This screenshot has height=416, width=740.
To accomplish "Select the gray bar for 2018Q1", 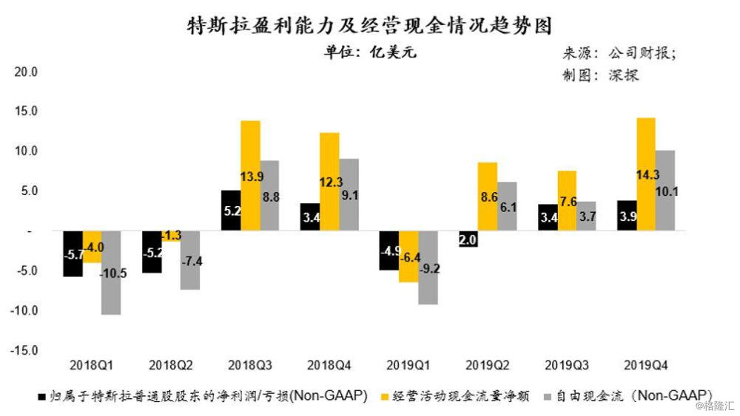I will tap(112, 273).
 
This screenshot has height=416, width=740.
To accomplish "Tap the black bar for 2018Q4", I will tap(310, 217).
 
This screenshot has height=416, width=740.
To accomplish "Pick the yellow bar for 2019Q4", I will tap(645, 174).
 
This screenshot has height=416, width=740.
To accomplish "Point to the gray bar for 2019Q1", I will tap(428, 267).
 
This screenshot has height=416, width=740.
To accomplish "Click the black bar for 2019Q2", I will tap(468, 238).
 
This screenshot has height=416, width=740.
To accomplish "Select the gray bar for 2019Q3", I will tap(586, 216).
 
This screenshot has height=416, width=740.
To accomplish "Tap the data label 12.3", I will tap(329, 181).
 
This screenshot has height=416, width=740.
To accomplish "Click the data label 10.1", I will tap(665, 191).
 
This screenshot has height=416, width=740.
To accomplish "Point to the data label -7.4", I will tap(190, 262).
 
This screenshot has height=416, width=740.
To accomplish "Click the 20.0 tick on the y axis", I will tap(27, 72).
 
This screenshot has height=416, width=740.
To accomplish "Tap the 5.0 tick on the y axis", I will tap(29, 191).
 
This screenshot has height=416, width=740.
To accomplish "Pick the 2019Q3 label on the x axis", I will tap(567, 365).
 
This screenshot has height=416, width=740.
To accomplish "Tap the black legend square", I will tap(42, 396).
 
